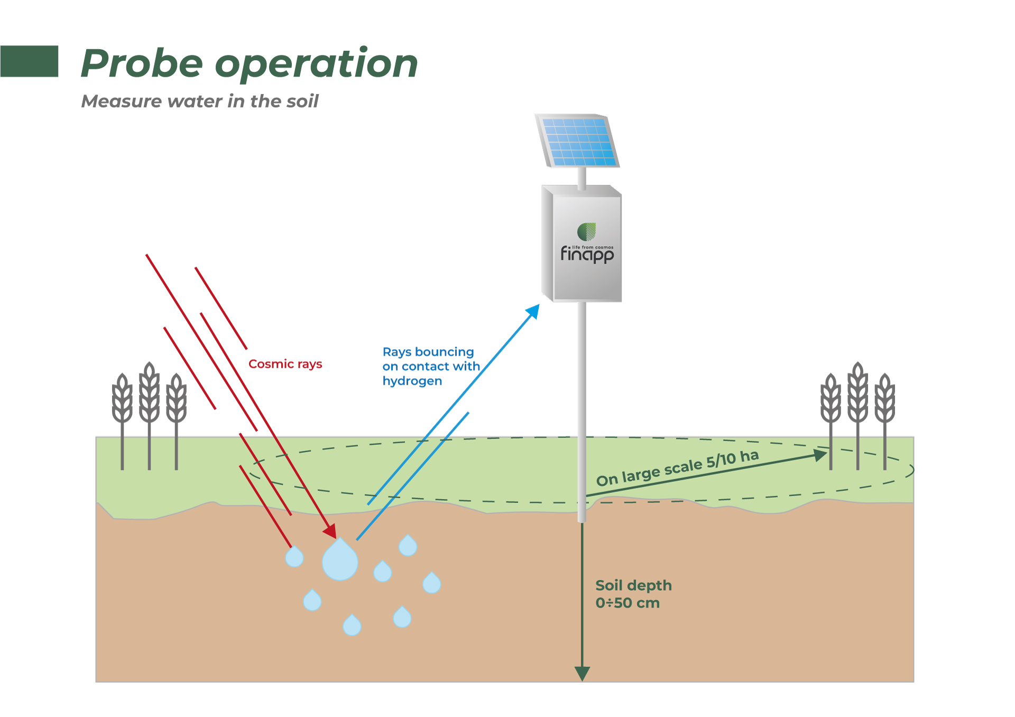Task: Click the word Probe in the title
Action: click(x=142, y=64)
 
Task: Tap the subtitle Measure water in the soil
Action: click(x=200, y=101)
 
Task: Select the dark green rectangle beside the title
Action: click(x=29, y=61)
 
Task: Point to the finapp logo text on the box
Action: click(x=587, y=255)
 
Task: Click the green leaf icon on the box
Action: click(x=586, y=231)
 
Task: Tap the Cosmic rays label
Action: click(x=285, y=364)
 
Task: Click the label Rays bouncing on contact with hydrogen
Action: click(x=430, y=366)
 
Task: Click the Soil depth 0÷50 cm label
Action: click(x=633, y=594)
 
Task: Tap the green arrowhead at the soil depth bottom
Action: click(x=582, y=673)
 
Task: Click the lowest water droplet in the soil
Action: click(x=352, y=625)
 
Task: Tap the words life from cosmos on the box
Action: click(x=593, y=247)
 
